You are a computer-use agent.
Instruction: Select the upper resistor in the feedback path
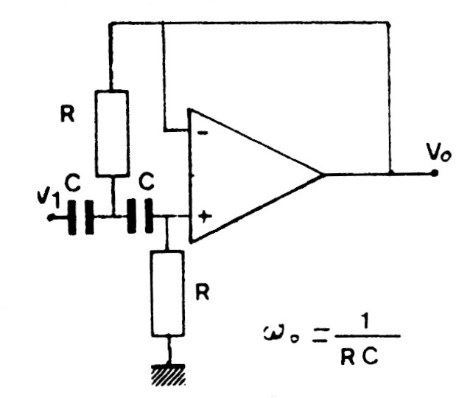click(113, 133)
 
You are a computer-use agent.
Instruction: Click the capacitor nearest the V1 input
click(80, 217)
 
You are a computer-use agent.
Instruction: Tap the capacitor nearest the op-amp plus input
click(140, 217)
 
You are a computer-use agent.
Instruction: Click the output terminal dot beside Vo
click(435, 175)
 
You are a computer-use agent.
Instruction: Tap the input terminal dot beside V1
click(49, 217)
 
